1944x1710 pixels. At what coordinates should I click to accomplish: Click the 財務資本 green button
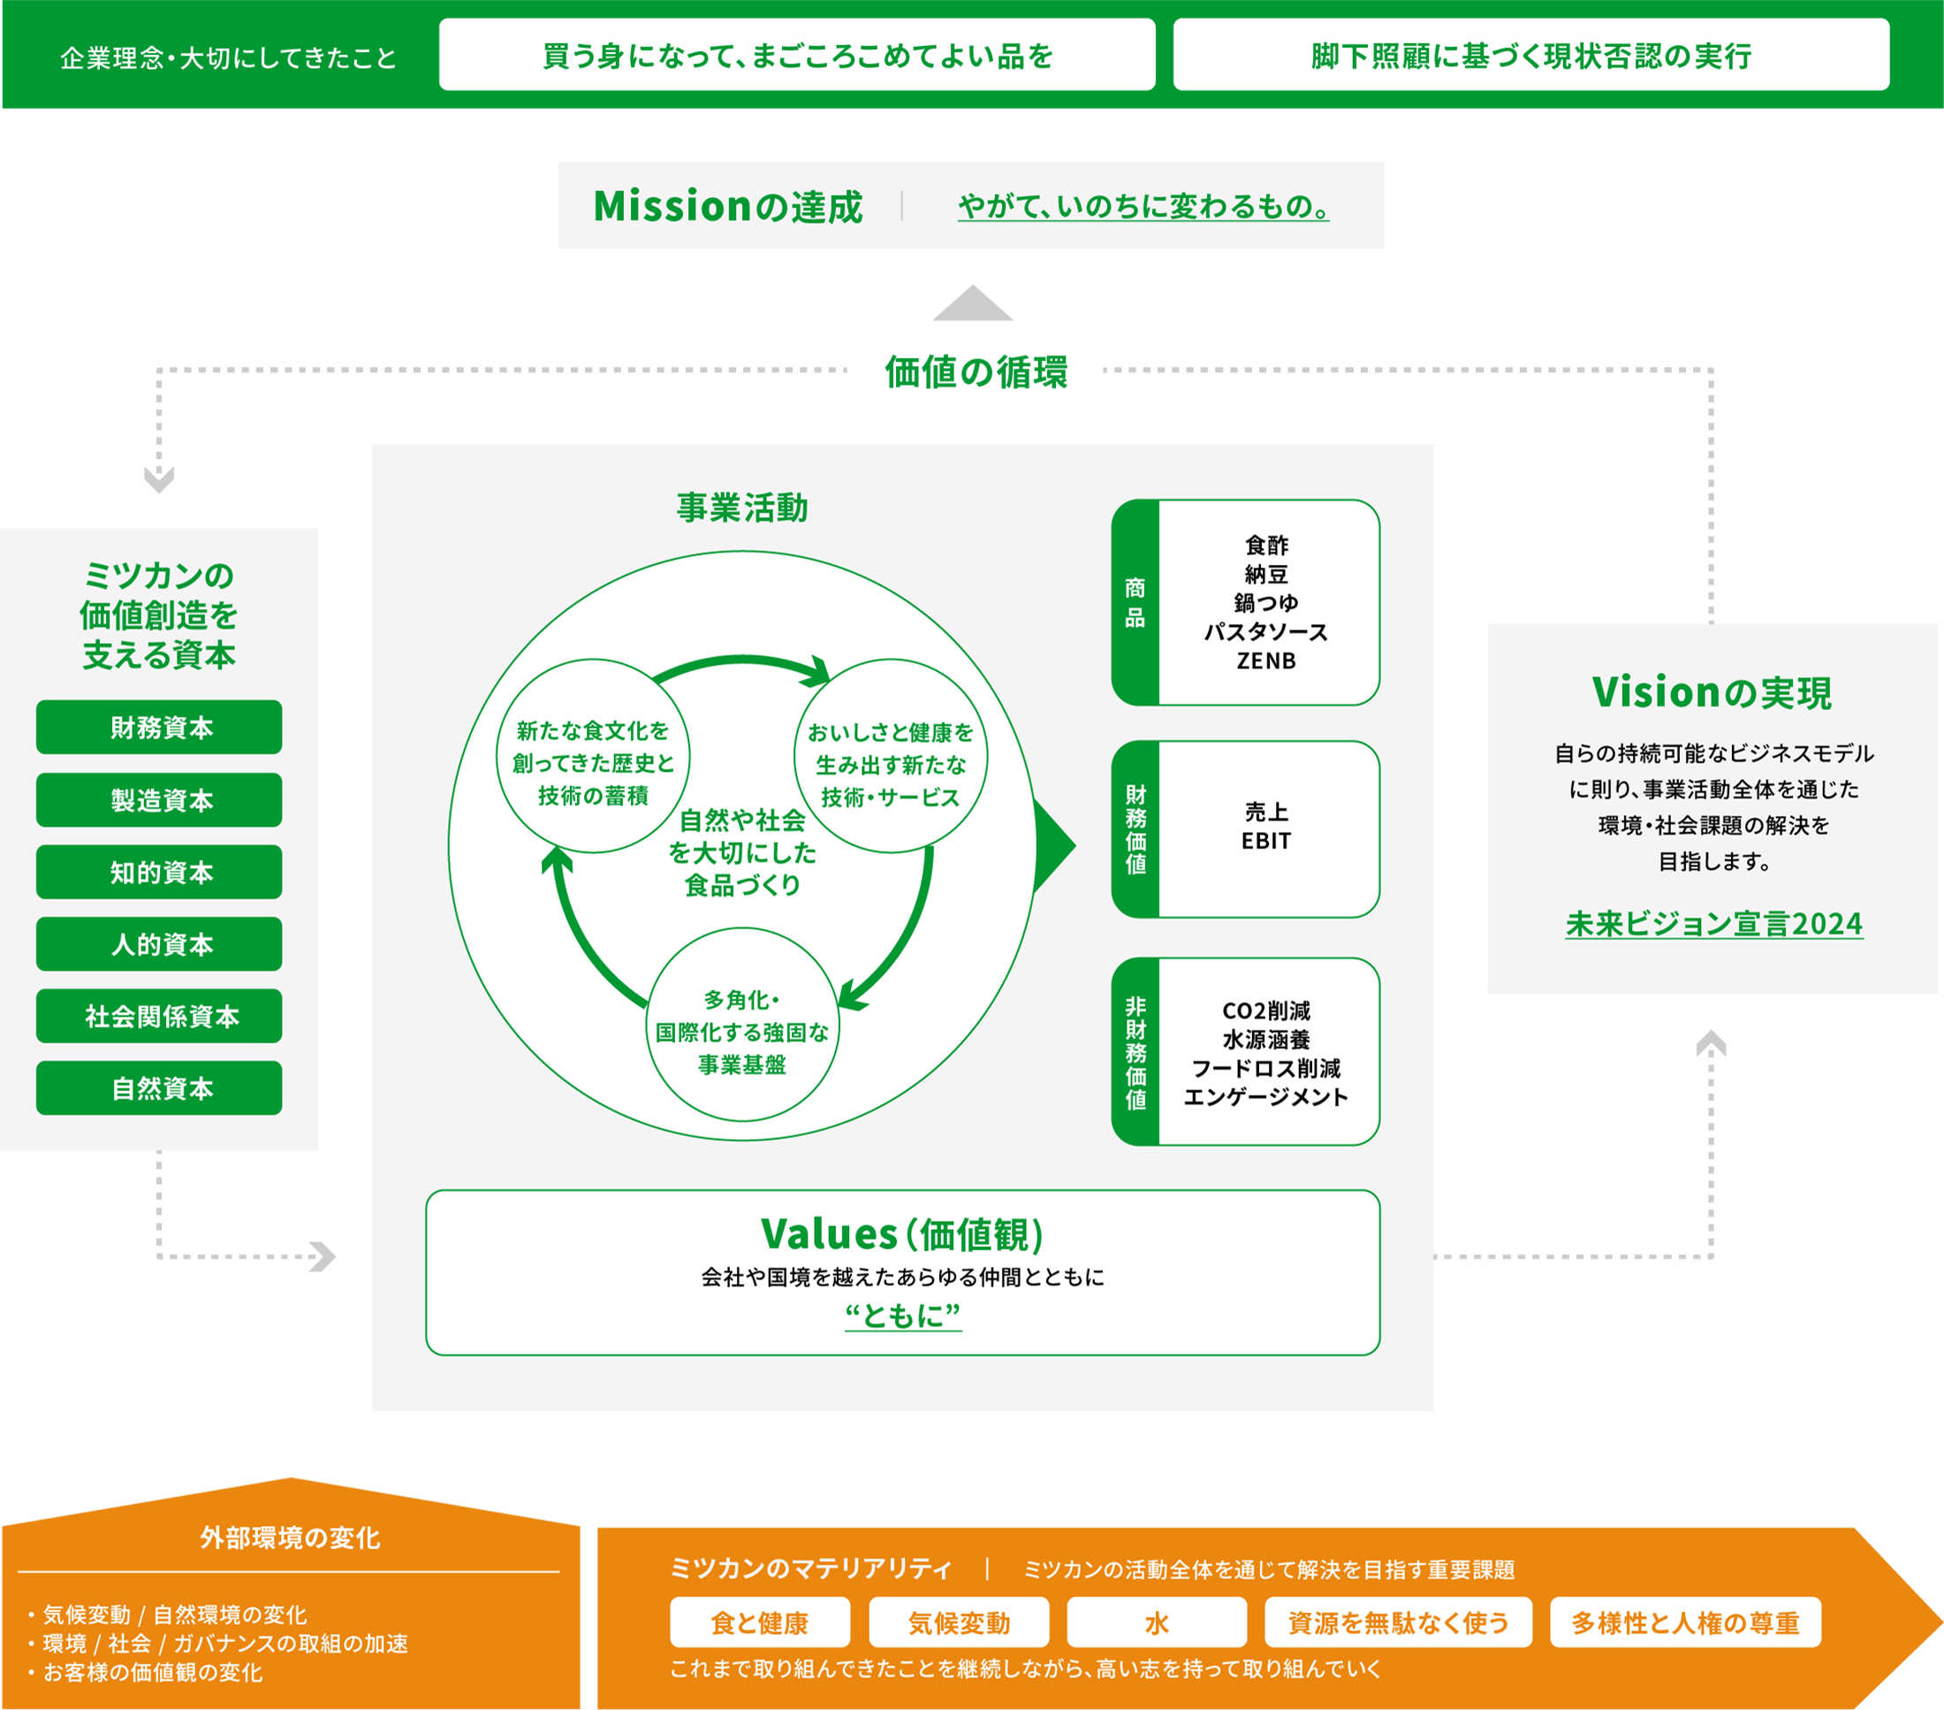[x=159, y=727]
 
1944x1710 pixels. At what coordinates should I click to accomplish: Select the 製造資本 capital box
[x=159, y=799]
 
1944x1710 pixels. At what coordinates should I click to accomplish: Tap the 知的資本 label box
[x=159, y=872]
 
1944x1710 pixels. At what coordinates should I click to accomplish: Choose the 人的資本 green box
[x=159, y=944]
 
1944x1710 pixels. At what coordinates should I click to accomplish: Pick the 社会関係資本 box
[x=159, y=1016]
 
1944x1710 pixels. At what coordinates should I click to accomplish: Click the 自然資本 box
[x=159, y=1088]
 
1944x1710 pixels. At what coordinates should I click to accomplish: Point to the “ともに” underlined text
[x=902, y=1315]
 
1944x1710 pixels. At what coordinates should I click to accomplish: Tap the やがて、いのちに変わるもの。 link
[x=1143, y=207]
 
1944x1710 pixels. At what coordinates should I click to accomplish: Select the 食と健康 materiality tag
[x=759, y=1622]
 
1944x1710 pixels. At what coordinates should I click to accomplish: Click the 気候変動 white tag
[x=958, y=1622]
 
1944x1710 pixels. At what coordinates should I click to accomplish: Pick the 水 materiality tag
[x=1157, y=1622]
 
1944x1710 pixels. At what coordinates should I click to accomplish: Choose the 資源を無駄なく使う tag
[x=1397, y=1622]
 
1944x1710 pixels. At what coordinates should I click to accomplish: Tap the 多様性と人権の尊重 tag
[x=1684, y=1622]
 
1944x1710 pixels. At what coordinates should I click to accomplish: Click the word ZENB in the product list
[x=1266, y=660]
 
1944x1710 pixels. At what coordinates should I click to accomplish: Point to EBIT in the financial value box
[x=1266, y=841]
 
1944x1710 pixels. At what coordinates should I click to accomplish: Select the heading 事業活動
[x=742, y=508]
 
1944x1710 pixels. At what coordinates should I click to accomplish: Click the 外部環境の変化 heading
[x=290, y=1538]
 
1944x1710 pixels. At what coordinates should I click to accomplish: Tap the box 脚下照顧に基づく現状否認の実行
[x=1530, y=55]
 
